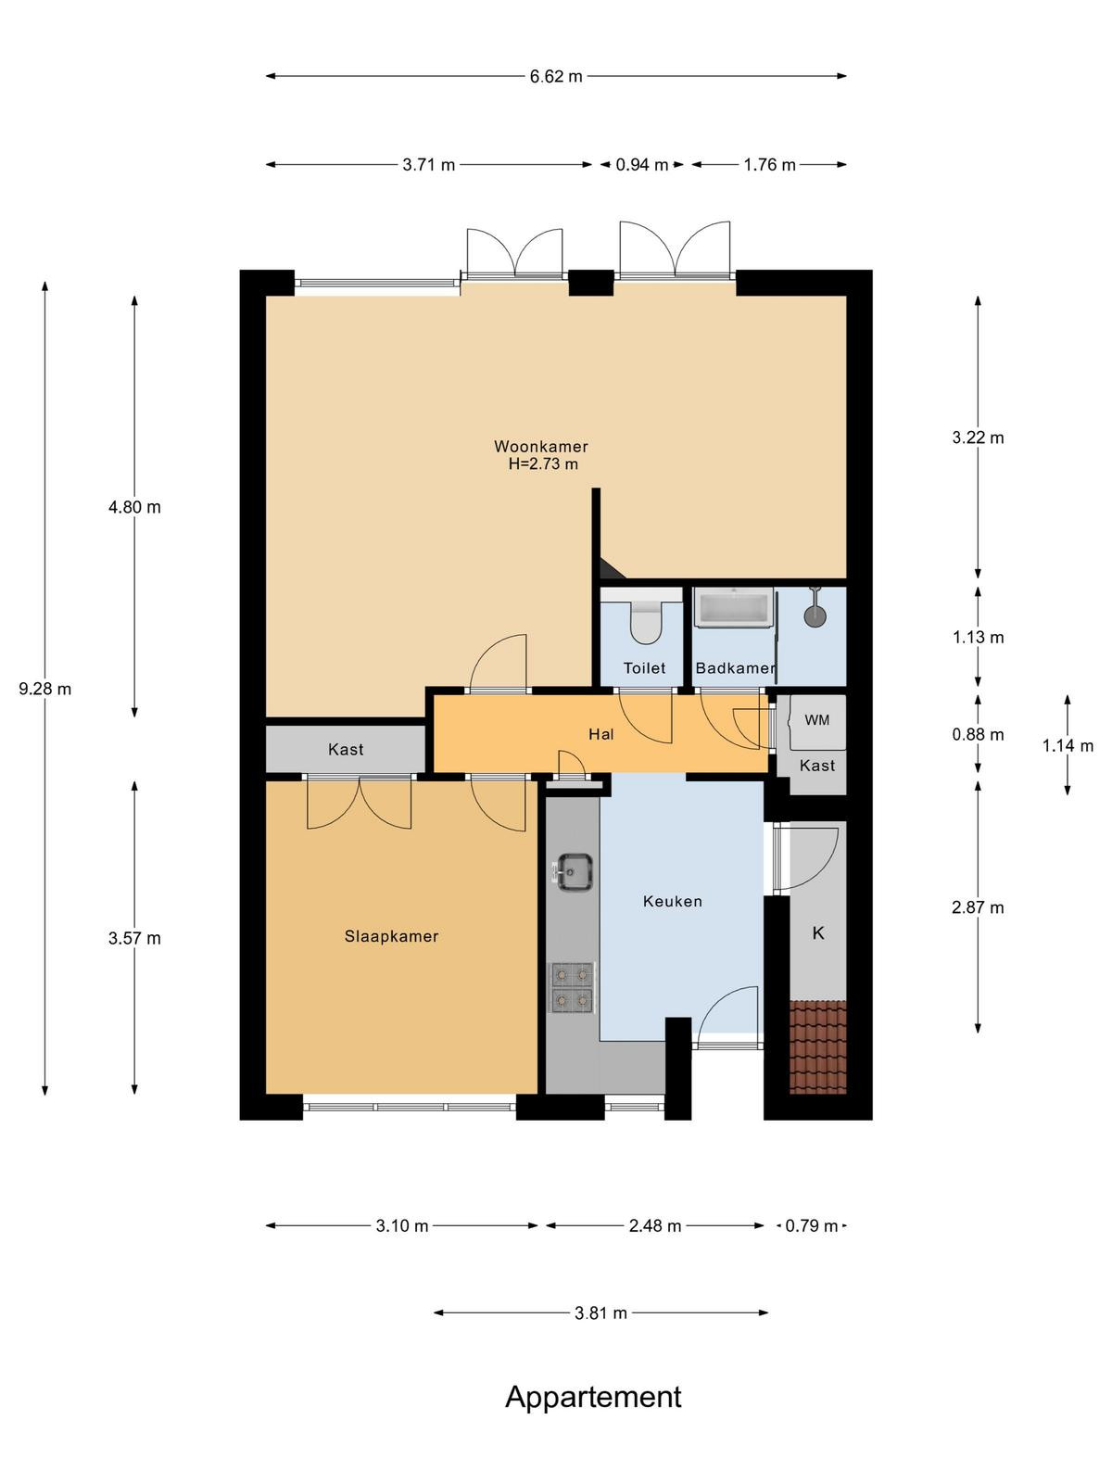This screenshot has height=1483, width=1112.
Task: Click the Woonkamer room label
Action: pos(541,447)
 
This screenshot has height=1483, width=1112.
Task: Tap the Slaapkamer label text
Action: pos(392,936)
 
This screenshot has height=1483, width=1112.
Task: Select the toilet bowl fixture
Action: pos(646,622)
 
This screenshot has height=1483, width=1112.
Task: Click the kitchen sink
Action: pos(574,872)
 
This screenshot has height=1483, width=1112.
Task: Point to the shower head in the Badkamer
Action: pos(815,612)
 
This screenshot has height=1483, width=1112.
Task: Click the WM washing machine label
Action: pos(817,720)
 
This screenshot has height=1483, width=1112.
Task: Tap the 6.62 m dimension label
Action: pos(556,76)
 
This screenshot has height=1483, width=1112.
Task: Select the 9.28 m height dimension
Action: pos(45,690)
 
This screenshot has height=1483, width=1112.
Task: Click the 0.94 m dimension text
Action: pos(642,165)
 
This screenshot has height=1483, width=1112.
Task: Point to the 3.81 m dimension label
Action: pos(600,1312)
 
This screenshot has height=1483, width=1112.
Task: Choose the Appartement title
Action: pos(593,1397)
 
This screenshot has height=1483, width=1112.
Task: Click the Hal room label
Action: pos(600,734)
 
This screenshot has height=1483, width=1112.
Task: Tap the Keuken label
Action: pos(673,901)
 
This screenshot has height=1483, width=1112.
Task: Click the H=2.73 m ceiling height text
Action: pos(544,464)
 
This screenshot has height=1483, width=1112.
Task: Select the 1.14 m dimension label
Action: pos(1068,746)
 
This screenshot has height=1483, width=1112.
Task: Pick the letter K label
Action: pos(818,933)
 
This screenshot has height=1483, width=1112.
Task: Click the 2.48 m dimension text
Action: pos(655,1225)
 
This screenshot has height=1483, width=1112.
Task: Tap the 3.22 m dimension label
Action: pos(979,437)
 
